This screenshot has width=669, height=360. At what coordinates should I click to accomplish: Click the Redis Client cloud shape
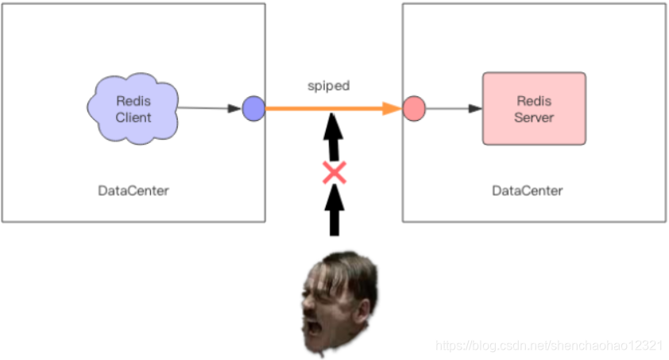click(x=132, y=109)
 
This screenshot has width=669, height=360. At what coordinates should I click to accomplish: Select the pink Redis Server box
click(x=533, y=108)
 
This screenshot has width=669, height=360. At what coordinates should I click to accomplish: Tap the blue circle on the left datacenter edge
click(x=253, y=108)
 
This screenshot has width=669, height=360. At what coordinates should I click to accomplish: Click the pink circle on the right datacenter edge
click(x=413, y=108)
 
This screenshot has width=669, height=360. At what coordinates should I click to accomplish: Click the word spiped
click(x=328, y=85)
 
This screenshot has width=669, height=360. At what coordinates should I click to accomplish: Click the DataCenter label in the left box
click(x=133, y=191)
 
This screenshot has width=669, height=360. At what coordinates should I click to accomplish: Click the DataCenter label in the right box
click(x=527, y=191)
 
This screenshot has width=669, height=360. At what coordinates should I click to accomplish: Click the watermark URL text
click(x=548, y=346)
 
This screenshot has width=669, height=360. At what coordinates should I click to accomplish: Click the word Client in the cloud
click(x=133, y=118)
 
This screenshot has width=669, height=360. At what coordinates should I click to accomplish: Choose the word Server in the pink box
click(x=534, y=118)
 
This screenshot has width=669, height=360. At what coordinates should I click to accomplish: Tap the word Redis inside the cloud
click(x=133, y=102)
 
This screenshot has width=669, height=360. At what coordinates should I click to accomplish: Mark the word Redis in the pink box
click(x=534, y=102)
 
